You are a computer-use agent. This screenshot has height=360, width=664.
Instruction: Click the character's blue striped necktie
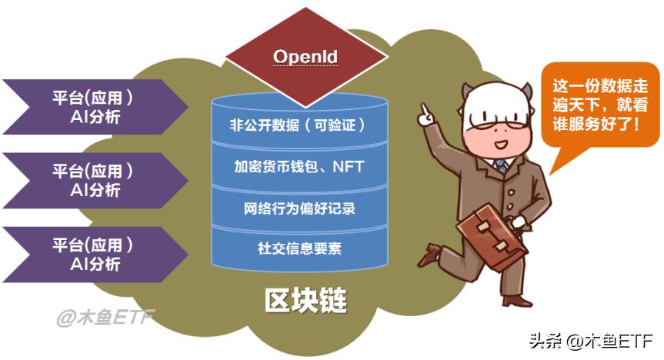point(502,165)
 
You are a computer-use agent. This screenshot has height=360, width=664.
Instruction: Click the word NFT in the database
point(349,165)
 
